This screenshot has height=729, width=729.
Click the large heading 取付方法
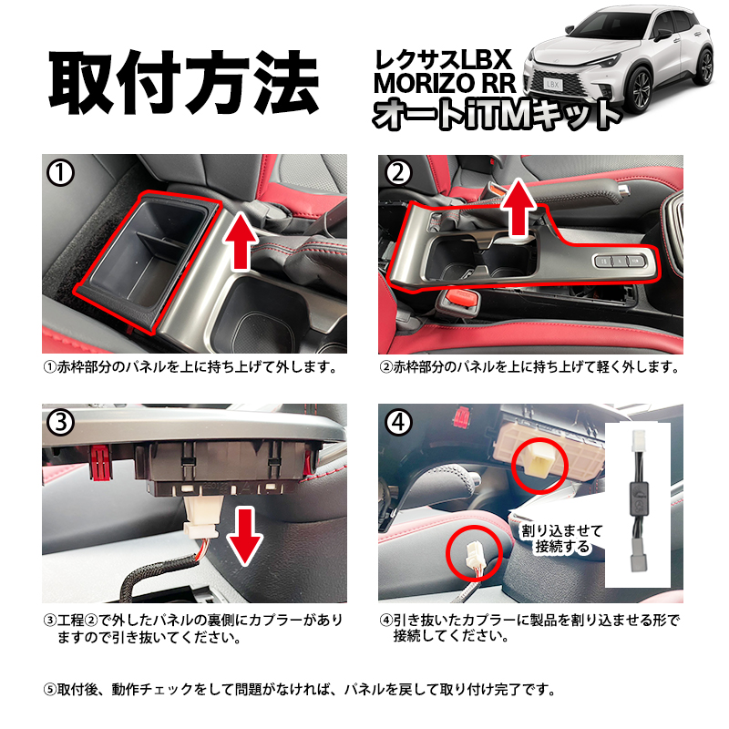tap(183, 84)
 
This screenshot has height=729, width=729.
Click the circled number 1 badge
tap(59, 173)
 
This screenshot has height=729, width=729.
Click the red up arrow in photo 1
tap(240, 238)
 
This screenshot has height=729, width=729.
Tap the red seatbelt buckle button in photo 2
tap(462, 300)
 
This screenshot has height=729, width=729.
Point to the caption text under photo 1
tap(191, 369)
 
